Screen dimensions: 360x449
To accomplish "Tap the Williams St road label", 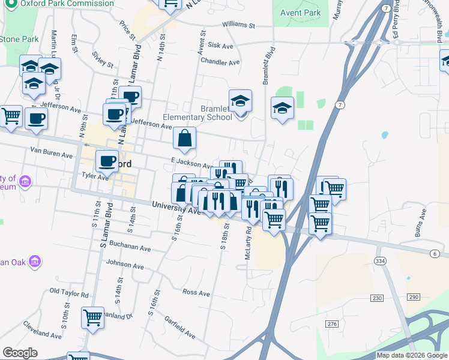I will [238, 26].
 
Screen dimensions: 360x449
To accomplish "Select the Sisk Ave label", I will [220, 46].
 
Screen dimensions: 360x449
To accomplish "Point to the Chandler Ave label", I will [220, 62].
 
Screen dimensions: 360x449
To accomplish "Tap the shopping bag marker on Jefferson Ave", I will [185, 139].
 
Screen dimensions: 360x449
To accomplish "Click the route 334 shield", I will [380, 262].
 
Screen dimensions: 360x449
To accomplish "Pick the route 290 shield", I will [413, 298].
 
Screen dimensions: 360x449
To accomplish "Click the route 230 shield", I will [377, 298].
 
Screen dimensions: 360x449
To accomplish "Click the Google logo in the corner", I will [20, 353].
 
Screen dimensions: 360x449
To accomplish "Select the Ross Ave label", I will [196, 293].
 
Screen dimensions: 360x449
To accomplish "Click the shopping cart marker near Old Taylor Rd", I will [92, 317].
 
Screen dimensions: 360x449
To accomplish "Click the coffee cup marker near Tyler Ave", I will [107, 160].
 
